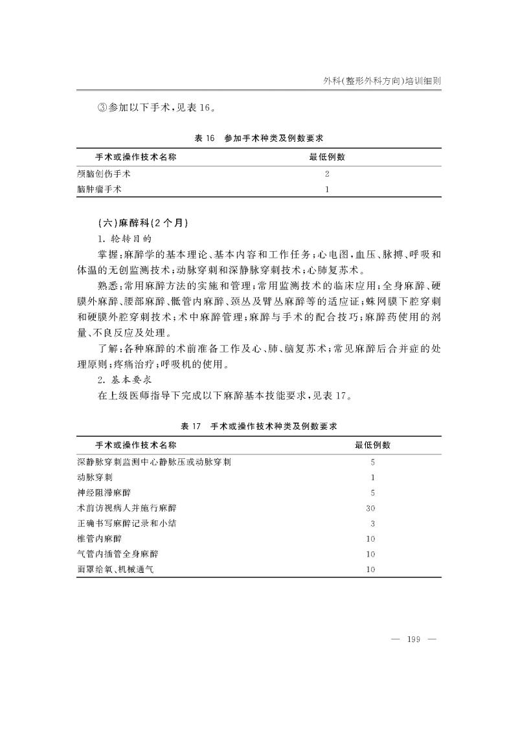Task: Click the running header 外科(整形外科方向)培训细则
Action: click(x=385, y=81)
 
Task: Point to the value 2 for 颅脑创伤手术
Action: click(x=327, y=174)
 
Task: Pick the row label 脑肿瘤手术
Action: click(x=100, y=190)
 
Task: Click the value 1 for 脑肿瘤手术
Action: click(x=327, y=190)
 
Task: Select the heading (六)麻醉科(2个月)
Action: click(x=142, y=223)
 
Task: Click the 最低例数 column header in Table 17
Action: click(x=372, y=445)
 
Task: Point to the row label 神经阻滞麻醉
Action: click(x=104, y=493)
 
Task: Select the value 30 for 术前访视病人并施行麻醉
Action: click(x=371, y=508)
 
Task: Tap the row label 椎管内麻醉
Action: click(x=99, y=538)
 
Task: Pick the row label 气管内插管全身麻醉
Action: click(x=117, y=554)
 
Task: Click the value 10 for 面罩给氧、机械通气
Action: click(x=371, y=570)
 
